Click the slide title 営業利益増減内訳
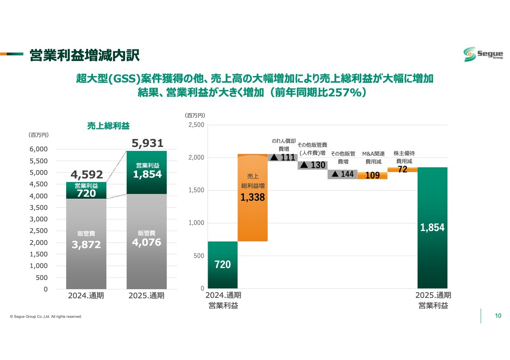pos(84,56)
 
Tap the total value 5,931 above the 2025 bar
pos(147,143)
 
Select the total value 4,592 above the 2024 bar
pos(87,174)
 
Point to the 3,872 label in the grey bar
pos(86,245)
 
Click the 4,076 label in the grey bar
pos(147,242)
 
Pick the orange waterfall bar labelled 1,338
pos(253,197)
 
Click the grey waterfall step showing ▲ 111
pos(282,157)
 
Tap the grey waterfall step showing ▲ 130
pos(312,165)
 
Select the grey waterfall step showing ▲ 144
pos(342,174)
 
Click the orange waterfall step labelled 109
pos(373,175)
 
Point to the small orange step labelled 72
pos(402,170)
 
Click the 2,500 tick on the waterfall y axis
pos(196,125)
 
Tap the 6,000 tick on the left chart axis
pos(39,149)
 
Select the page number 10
pos(498,316)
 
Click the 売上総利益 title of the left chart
pos(108,126)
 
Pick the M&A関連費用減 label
pos(373,158)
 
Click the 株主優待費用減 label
pos(404,157)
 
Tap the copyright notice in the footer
pos(46,317)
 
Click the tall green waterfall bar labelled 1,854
pos(432,228)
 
